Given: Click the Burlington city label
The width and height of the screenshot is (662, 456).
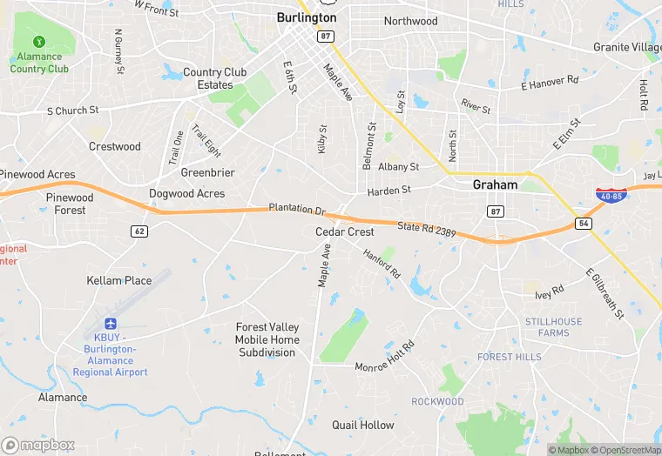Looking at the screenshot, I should pyautogui.click(x=306, y=17).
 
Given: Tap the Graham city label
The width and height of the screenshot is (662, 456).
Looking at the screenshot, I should pyautogui.click(x=495, y=184).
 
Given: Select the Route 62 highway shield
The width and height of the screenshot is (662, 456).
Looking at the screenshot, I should pyautogui.click(x=138, y=231).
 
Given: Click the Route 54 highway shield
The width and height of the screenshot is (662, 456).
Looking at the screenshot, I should pyautogui.click(x=583, y=224).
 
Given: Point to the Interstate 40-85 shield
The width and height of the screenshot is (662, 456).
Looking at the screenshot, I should pyautogui.click(x=610, y=195).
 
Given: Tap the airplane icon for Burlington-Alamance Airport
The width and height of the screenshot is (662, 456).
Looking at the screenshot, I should pyautogui.click(x=111, y=324).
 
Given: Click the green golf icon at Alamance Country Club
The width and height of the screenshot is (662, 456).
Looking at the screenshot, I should pyautogui.click(x=39, y=41).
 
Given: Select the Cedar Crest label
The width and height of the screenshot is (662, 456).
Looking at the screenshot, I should pyautogui.click(x=345, y=232).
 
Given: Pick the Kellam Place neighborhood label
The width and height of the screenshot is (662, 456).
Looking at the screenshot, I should pyautogui.click(x=118, y=280).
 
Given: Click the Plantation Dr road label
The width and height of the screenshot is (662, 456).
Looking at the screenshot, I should pyautogui.click(x=296, y=210).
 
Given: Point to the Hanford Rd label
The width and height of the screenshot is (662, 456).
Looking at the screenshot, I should pyautogui.click(x=382, y=263).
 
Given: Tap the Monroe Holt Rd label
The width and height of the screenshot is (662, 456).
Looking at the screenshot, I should pyautogui.click(x=384, y=357).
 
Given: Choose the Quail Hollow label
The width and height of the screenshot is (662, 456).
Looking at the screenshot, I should pyautogui.click(x=363, y=425).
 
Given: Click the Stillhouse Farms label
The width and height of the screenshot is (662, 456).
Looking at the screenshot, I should pyautogui.click(x=553, y=327).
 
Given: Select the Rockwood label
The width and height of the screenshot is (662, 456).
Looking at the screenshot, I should pyautogui.click(x=437, y=401).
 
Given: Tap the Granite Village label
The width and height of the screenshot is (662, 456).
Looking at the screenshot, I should pyautogui.click(x=627, y=47).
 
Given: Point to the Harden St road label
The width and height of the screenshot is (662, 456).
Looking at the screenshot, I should pyautogui.click(x=388, y=189).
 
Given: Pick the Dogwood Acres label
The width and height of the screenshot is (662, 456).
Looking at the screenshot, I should pyautogui.click(x=186, y=194).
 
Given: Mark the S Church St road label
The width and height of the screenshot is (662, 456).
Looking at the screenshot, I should pyautogui.click(x=72, y=111).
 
